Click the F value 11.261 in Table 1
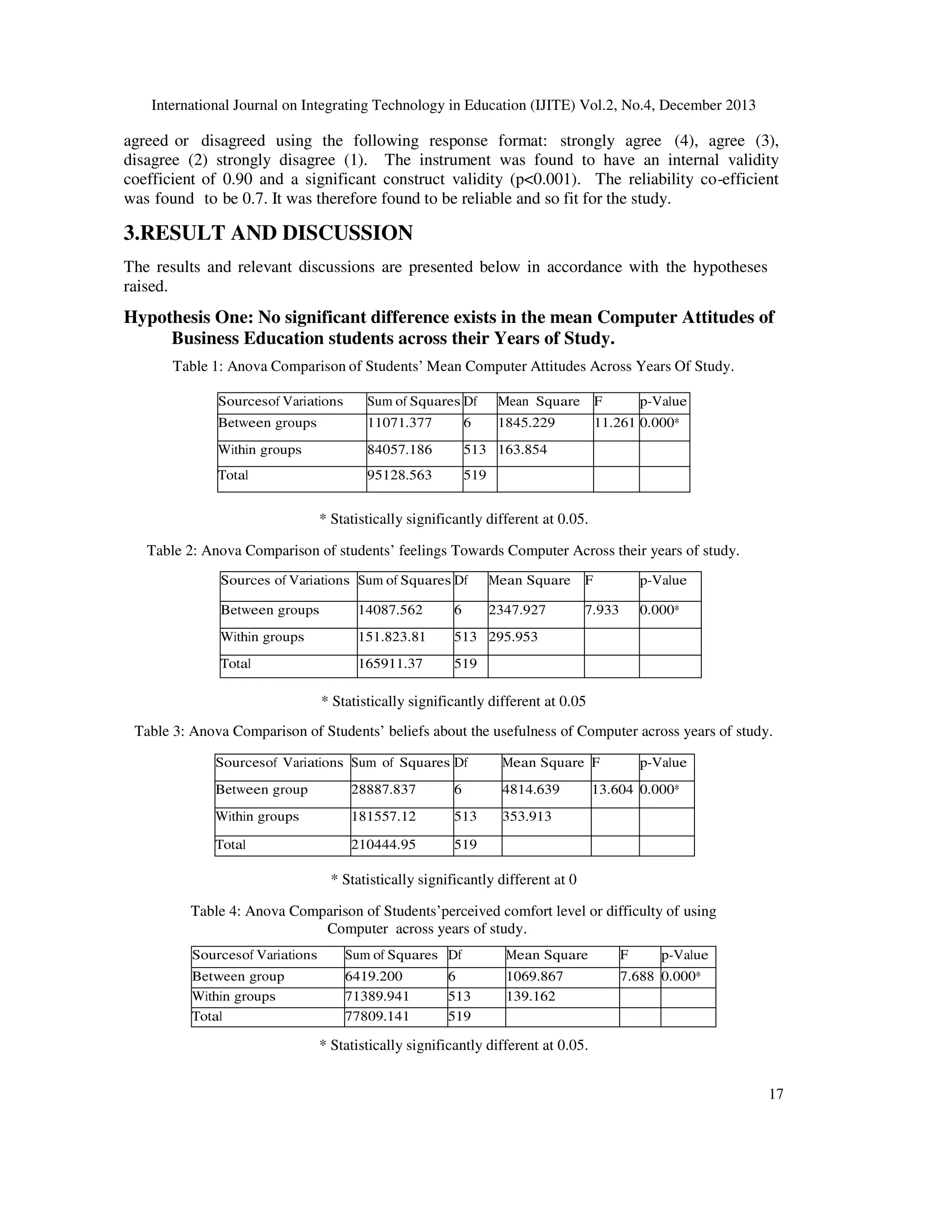(615, 423)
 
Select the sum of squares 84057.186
(399, 450)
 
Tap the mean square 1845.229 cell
(526, 423)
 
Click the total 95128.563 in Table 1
(399, 475)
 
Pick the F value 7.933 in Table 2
(602, 610)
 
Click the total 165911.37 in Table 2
(390, 664)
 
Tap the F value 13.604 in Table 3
(612, 790)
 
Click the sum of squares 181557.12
(383, 817)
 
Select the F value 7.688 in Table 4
(637, 976)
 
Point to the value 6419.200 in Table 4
(374, 976)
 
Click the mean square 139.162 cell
(531, 997)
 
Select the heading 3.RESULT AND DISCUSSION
(268, 233)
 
